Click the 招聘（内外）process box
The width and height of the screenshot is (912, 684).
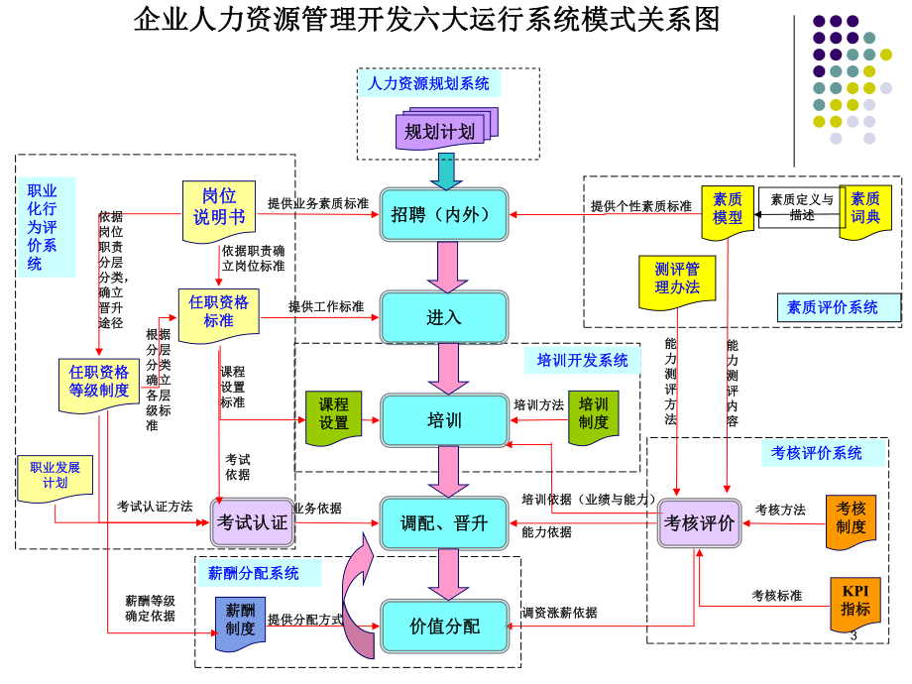coord(443,214)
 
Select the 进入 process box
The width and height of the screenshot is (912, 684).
coord(443,317)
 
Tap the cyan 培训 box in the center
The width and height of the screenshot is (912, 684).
coord(443,420)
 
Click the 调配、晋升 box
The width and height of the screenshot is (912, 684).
coord(443,523)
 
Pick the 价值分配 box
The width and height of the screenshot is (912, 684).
coord(443,627)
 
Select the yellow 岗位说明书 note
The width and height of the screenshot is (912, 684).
coord(218,209)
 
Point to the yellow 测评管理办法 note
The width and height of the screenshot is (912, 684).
coord(676,279)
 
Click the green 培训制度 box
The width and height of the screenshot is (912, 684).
coord(594,415)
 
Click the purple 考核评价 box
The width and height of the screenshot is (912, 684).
coord(700,523)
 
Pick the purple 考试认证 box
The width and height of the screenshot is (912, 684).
coord(254,522)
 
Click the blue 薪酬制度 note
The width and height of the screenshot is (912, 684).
coord(240,621)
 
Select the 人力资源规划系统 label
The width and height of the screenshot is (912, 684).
coord(428,84)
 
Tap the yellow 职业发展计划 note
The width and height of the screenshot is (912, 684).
coord(55,476)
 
